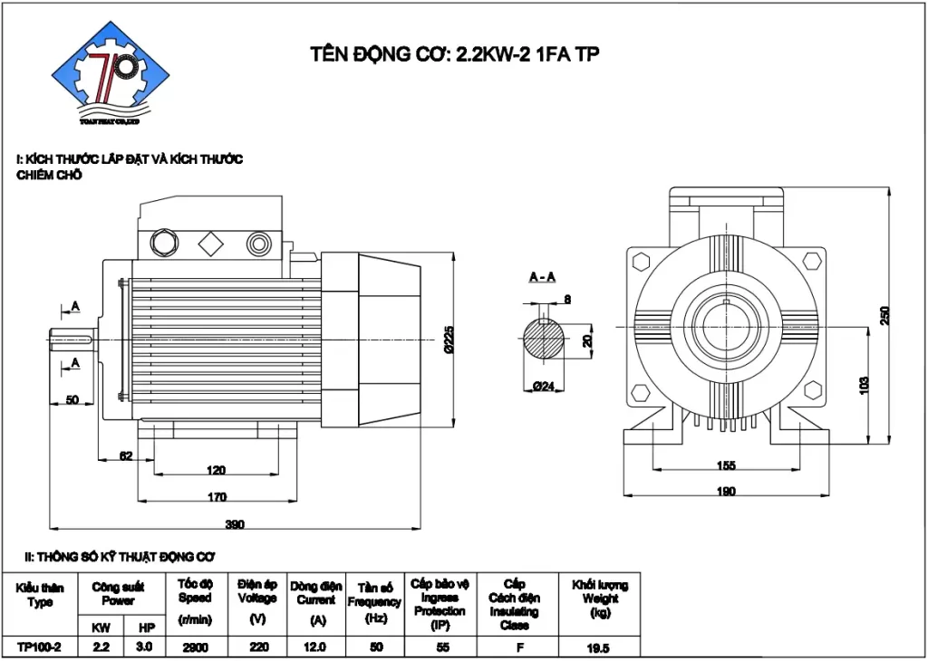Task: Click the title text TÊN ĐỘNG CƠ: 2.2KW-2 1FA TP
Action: [454, 54]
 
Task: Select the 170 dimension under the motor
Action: [217, 496]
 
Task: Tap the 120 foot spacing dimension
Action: [216, 470]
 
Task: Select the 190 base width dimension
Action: [726, 491]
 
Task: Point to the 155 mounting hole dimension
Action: [726, 465]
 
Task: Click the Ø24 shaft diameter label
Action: [543, 387]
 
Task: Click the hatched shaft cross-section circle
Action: [543, 341]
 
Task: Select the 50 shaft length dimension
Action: [72, 399]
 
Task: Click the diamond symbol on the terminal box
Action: [211, 243]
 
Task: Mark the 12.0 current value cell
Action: [315, 647]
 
